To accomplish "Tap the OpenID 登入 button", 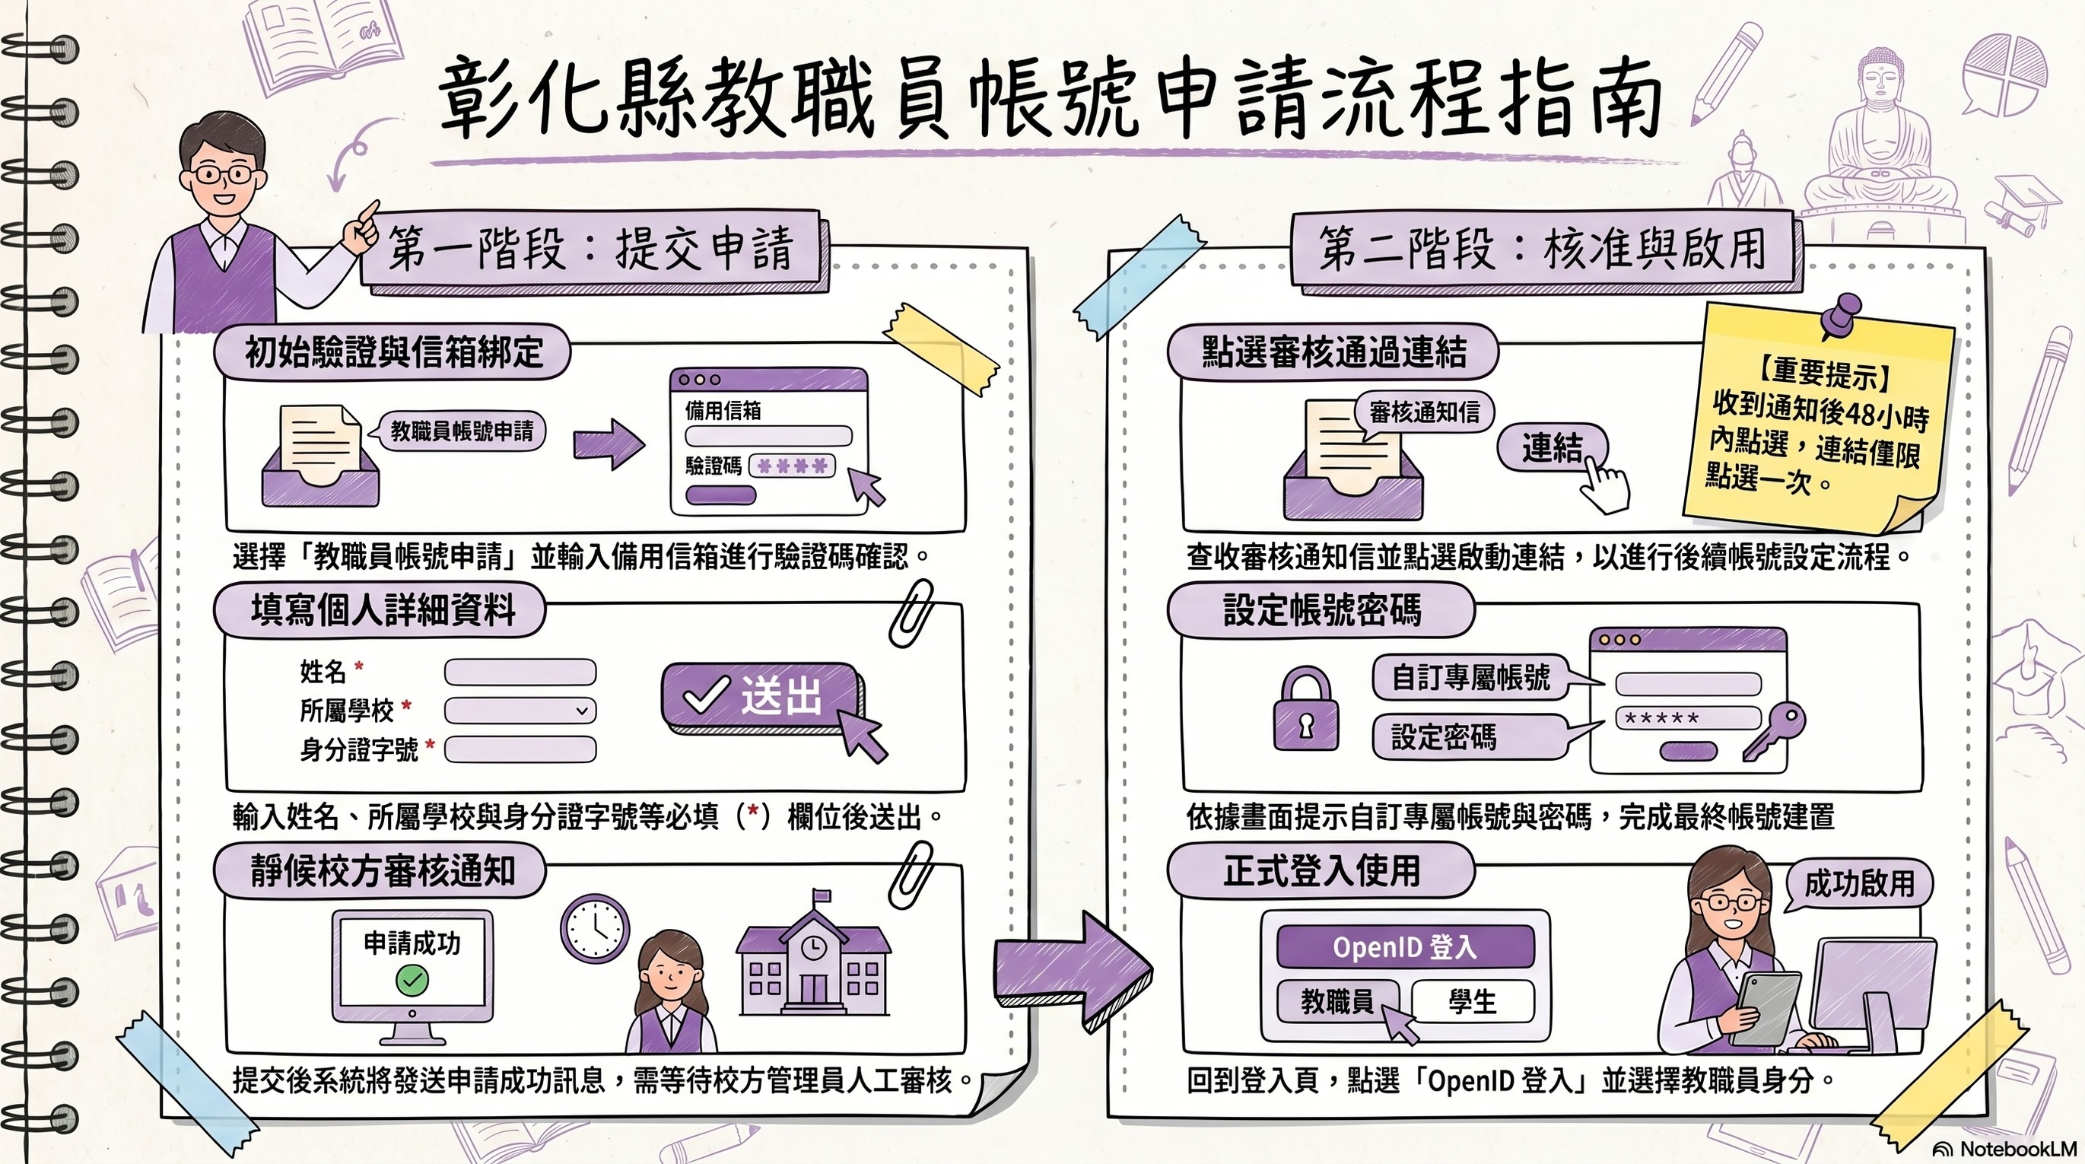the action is point(1405,946).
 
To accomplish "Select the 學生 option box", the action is point(1473,1002).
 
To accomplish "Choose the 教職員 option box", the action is point(1337,1002).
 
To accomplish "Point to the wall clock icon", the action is point(595,928).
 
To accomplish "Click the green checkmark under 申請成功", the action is point(412,980).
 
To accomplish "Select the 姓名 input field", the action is point(520,672).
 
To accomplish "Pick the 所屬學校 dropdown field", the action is point(520,711).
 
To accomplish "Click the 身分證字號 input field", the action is point(520,749).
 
